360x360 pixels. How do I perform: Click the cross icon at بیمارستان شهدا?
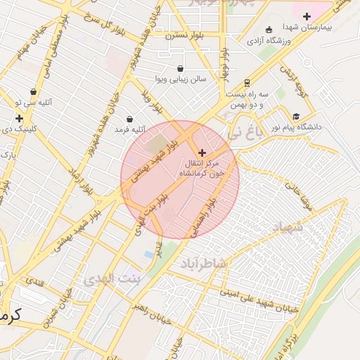(306, 16)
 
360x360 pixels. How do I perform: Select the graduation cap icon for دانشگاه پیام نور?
(296, 117)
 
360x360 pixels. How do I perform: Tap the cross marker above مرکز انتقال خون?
(202, 153)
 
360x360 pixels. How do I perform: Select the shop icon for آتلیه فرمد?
(129, 119)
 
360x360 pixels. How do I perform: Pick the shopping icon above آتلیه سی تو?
(33, 91)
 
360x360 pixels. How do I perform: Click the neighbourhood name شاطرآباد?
(204, 263)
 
